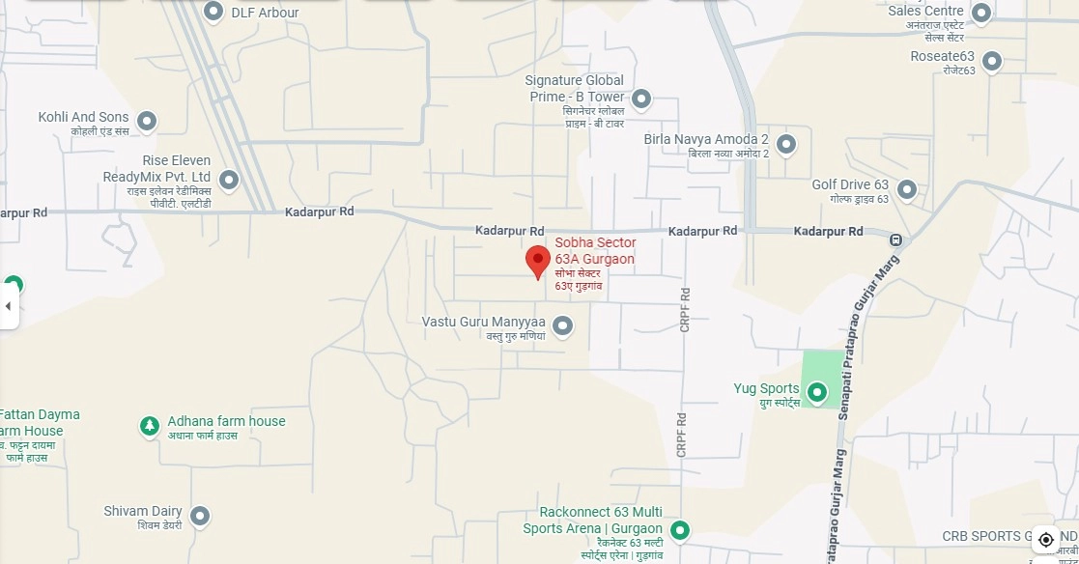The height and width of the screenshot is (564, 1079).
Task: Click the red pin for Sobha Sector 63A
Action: pyautogui.click(x=538, y=261)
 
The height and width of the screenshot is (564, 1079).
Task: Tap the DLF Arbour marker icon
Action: pyautogui.click(x=213, y=12)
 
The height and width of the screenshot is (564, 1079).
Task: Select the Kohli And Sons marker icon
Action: pyautogui.click(x=147, y=121)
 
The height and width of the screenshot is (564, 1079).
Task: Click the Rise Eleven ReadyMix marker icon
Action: pyautogui.click(x=229, y=179)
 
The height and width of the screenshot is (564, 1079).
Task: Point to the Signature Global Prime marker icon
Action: pyautogui.click(x=641, y=99)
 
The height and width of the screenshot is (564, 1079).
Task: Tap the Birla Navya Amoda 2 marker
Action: pyautogui.click(x=786, y=144)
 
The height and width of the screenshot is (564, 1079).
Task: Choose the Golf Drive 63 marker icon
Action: pyautogui.click(x=906, y=188)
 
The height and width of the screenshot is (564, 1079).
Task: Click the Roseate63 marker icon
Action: pyautogui.click(x=990, y=61)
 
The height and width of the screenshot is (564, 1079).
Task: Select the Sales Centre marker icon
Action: pyautogui.click(x=981, y=13)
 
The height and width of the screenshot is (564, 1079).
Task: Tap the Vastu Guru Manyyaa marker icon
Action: pyautogui.click(x=562, y=325)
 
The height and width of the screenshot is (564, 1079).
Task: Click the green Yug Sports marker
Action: pyautogui.click(x=817, y=392)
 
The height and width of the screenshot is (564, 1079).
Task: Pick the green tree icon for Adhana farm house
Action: pyautogui.click(x=149, y=425)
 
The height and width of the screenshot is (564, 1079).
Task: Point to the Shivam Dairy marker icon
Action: pyautogui.click(x=200, y=516)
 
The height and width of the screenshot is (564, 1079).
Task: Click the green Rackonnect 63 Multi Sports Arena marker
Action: pyautogui.click(x=680, y=530)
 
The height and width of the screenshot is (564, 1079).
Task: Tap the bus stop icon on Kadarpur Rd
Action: pyautogui.click(x=896, y=240)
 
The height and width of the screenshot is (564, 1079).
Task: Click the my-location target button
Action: pyautogui.click(x=1045, y=539)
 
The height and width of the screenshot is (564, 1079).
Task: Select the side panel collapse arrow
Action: pyautogui.click(x=9, y=307)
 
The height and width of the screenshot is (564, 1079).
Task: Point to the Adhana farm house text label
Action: pyautogui.click(x=227, y=421)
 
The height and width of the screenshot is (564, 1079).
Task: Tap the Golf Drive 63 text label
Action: pyautogui.click(x=850, y=184)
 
